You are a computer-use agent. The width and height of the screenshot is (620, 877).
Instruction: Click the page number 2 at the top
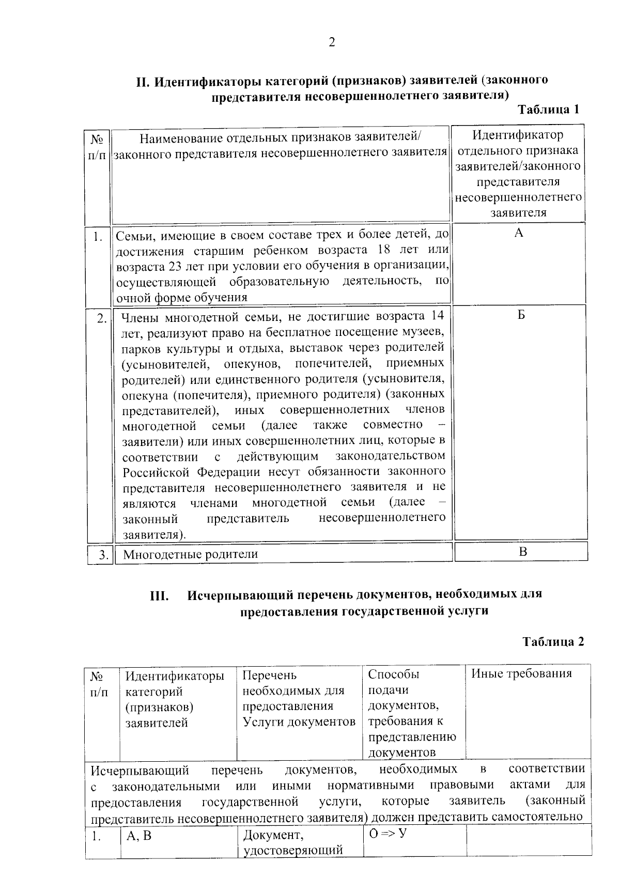(x=332, y=42)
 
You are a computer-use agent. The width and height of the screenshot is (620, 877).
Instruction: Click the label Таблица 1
(x=548, y=110)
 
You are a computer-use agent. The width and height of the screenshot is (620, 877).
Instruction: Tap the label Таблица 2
(x=553, y=641)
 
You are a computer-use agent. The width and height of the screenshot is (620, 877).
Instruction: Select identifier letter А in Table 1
(x=519, y=233)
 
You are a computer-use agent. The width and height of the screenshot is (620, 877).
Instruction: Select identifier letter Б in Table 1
(x=521, y=315)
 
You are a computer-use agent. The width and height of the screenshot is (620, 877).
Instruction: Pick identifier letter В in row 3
(x=523, y=551)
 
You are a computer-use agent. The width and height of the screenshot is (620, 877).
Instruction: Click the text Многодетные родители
(x=190, y=555)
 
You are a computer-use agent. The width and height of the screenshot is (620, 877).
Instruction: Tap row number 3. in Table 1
(x=104, y=555)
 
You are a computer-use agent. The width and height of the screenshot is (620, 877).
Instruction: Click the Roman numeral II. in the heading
(x=143, y=82)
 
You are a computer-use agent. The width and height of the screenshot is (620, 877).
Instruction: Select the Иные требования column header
(x=521, y=673)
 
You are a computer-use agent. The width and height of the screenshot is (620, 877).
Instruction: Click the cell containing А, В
(x=139, y=836)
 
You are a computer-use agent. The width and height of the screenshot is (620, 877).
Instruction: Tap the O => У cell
(x=384, y=834)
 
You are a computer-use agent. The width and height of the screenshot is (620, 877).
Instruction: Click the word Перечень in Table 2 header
(x=270, y=675)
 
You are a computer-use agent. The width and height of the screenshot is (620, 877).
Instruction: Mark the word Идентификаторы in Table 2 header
(x=175, y=675)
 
